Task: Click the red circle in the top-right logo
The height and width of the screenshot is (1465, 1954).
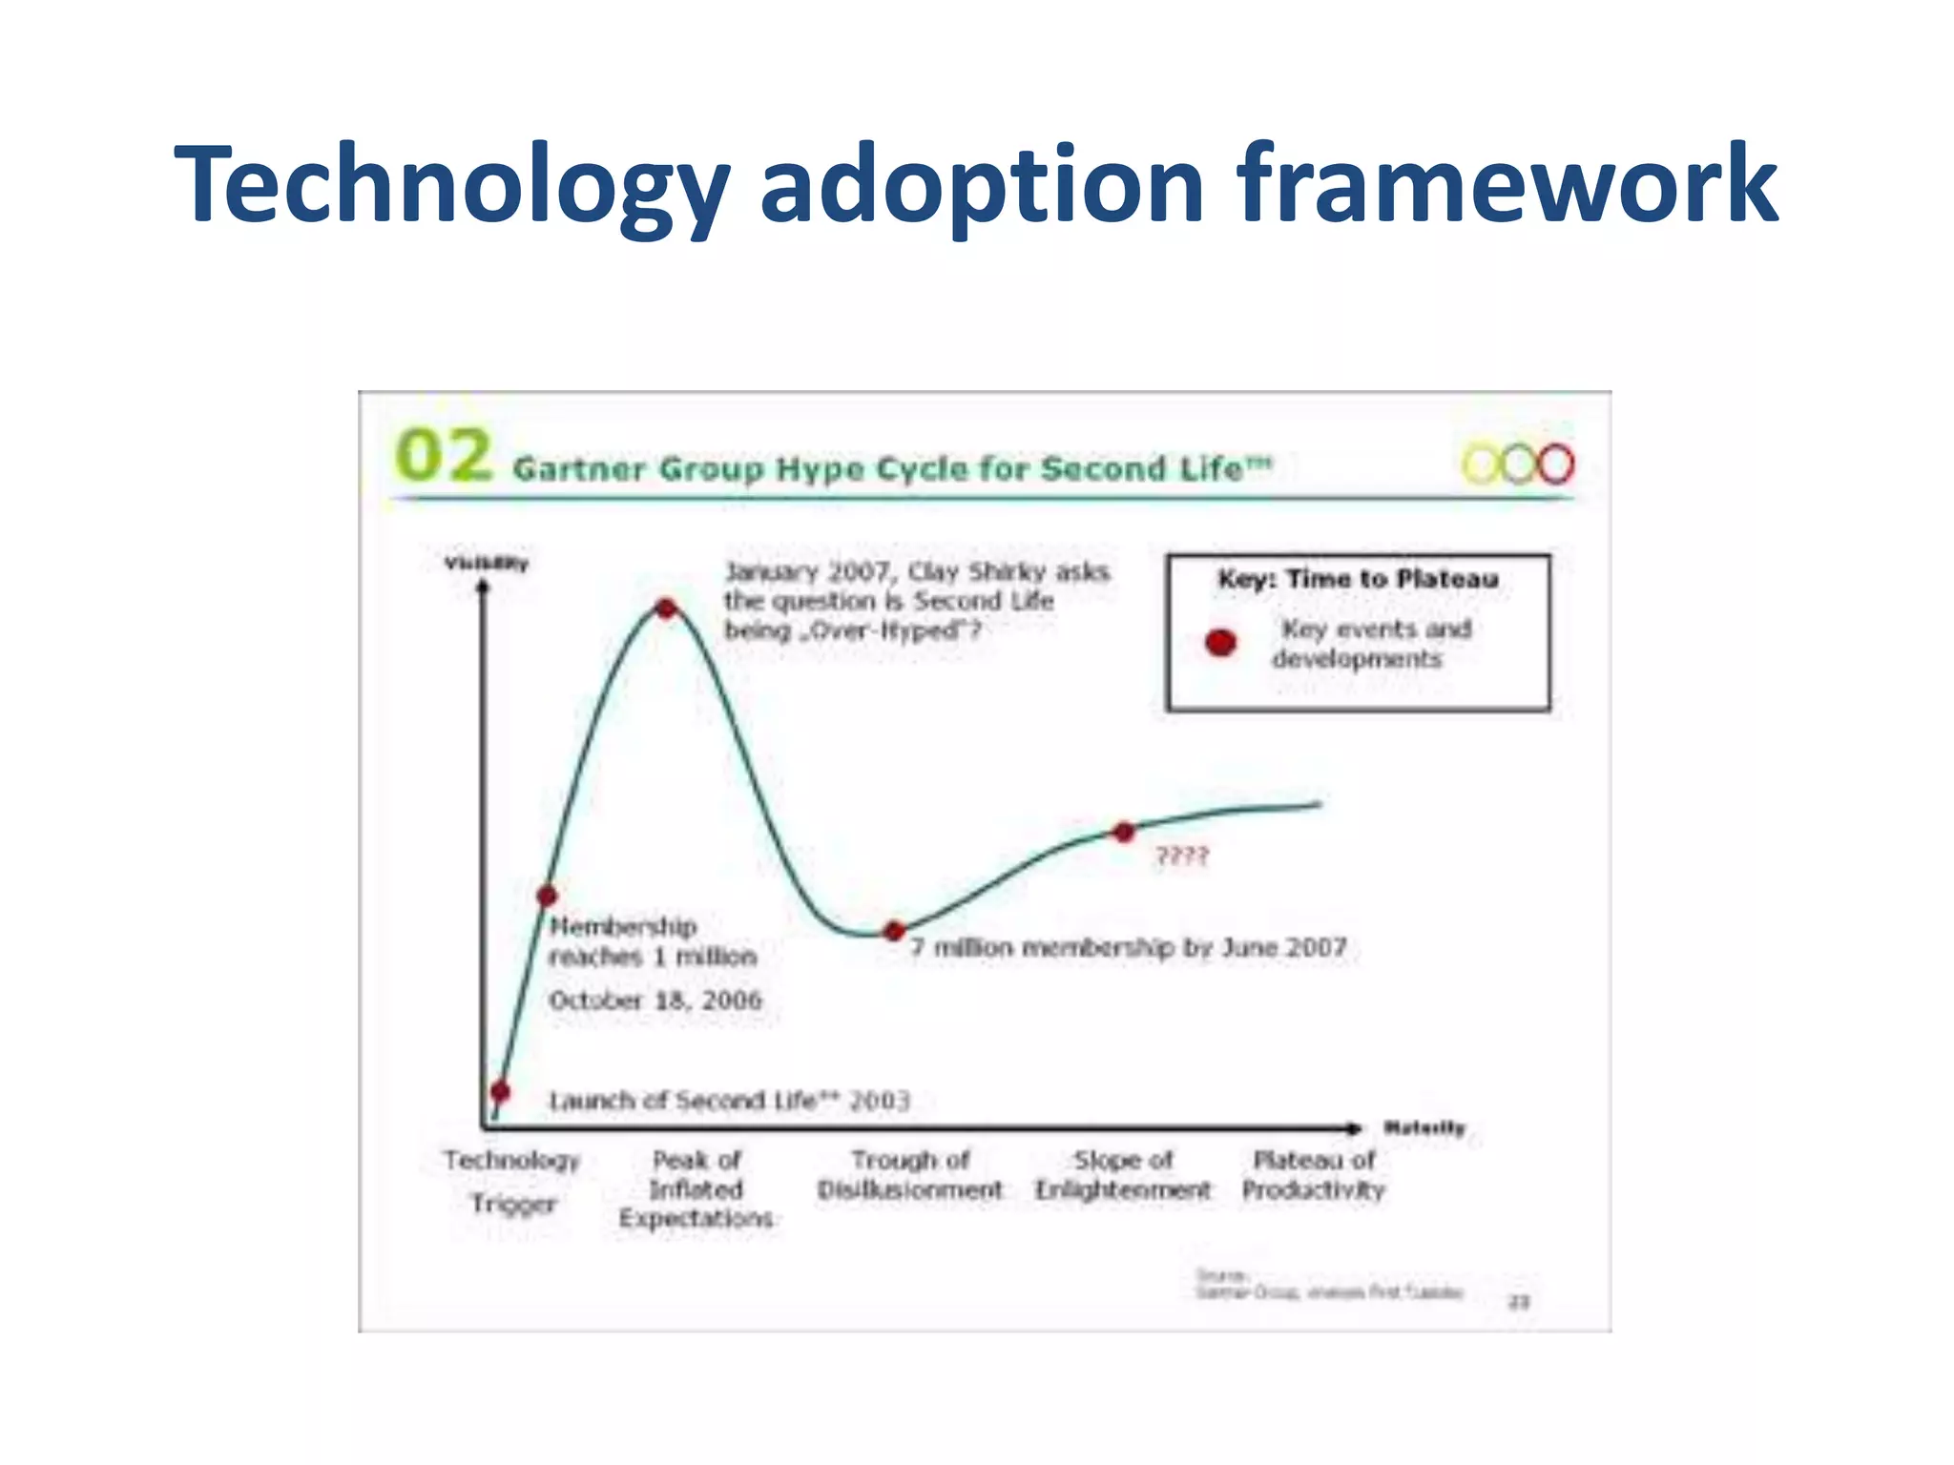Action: pos(1554,464)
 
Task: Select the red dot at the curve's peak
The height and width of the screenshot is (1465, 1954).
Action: pos(666,608)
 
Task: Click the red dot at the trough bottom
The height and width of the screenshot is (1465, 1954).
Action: pos(894,931)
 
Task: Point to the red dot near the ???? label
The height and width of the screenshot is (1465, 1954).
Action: pos(1124,832)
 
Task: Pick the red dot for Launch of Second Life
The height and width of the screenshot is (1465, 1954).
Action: pos(500,1091)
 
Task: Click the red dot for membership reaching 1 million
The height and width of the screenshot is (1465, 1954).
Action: pos(547,896)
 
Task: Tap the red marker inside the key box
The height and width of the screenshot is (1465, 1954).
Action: pos(1220,643)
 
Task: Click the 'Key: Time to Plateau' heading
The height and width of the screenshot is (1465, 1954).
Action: pos(1358,579)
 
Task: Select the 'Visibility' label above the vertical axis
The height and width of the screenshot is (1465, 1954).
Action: pos(486,563)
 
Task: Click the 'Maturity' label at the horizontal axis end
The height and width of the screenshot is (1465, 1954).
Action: pos(1424,1127)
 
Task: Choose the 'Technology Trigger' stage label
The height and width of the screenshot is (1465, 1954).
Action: pos(511,1181)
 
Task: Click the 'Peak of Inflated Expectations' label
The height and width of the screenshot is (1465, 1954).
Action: pos(696,1188)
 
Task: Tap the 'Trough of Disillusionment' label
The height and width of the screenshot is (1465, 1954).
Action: pos(909,1175)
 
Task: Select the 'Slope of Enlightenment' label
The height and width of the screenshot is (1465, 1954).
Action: pos(1122,1175)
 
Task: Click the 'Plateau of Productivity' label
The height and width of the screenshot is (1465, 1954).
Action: pos(1313,1175)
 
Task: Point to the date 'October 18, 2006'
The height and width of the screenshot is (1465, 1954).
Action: pos(655,1000)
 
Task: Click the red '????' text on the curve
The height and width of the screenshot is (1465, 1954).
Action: pos(1181,856)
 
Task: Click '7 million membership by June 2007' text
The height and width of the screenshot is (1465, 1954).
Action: pos(1128,947)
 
